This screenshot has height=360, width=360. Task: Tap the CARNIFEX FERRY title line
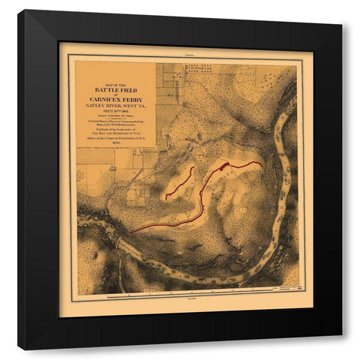coord(115,98)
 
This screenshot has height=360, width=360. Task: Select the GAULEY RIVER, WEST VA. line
coord(115,106)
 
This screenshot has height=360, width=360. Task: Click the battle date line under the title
coord(115,112)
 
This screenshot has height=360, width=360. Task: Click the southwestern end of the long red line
coord(130,232)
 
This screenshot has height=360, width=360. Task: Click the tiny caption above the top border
coord(189,55)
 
